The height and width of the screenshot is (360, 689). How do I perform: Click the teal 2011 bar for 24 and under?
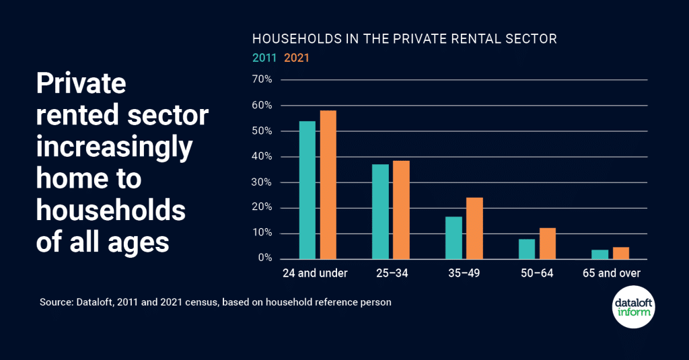coord(307,190)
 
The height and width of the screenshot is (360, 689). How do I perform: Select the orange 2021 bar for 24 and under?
coord(328,184)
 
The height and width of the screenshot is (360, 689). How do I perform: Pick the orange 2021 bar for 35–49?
coord(474,228)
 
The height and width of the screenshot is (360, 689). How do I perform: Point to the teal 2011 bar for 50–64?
coord(527,249)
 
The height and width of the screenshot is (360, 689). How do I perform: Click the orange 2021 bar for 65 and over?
coord(621,253)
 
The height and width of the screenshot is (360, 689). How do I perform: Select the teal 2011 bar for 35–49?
coord(454,238)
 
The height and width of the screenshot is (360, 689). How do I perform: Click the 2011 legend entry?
coord(265,58)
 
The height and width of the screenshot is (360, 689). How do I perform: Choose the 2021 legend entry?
coord(297,58)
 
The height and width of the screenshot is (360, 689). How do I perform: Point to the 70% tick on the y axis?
coord(262,80)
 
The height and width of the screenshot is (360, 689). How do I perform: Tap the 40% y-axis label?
coord(262,157)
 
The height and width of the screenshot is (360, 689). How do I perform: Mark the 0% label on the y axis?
coord(264,258)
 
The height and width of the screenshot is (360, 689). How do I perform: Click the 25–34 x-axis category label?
coord(391,273)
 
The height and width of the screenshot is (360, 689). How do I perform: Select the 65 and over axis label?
coord(611,273)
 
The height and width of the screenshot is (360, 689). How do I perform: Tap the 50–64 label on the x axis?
coord(538,273)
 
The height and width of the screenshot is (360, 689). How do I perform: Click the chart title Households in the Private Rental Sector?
coord(404,39)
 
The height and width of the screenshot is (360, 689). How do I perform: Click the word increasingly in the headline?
coord(114,147)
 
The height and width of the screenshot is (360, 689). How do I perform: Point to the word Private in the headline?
coord(81,83)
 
